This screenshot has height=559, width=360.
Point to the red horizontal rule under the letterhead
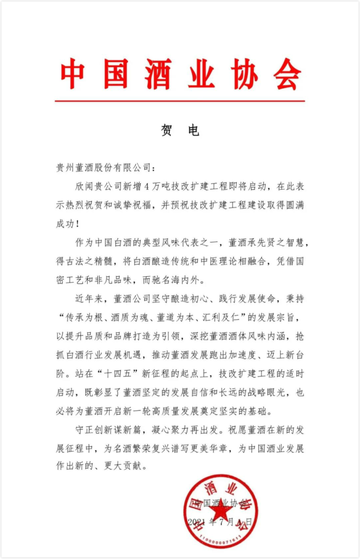point(180,101)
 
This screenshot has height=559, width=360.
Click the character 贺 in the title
point(166,131)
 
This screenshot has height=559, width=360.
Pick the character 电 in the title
point(193,131)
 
